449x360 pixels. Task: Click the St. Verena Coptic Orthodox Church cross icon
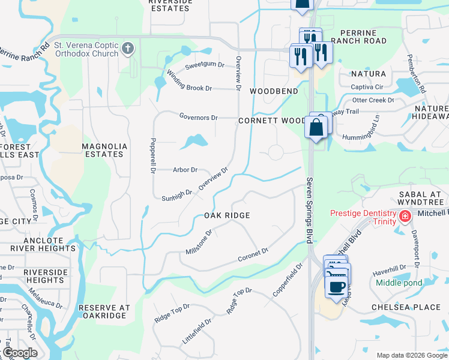[x=127, y=48]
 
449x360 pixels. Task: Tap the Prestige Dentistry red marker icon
[x=405, y=216]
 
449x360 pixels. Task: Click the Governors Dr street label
[x=198, y=117]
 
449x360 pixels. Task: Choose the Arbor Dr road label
[x=185, y=170]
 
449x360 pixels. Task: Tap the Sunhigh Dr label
[x=176, y=196]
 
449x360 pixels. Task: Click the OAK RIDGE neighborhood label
[x=226, y=215]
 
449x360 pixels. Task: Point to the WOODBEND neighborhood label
[x=274, y=91]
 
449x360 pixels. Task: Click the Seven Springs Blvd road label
[x=310, y=209]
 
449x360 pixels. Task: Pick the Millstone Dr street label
[x=199, y=241]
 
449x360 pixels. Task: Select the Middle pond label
[x=398, y=283]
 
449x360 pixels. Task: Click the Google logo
[x=20, y=353]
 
